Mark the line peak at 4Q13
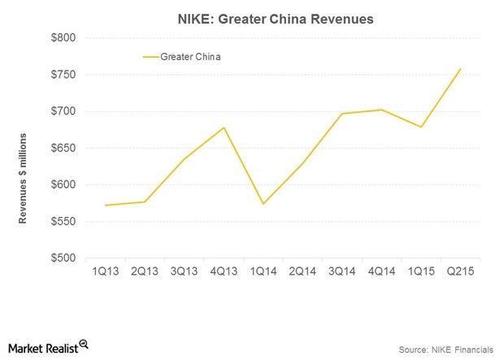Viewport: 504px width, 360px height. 224,128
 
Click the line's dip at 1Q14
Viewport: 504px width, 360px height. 263,204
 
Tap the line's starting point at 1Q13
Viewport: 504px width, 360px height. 106,205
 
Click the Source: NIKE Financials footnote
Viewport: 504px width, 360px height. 445,349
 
